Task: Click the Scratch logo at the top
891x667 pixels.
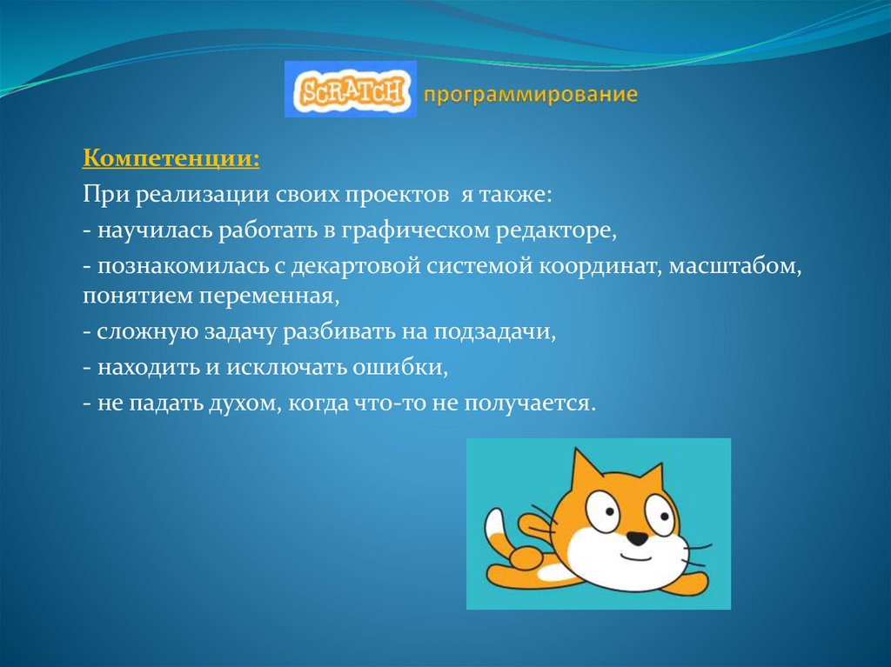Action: (x=350, y=90)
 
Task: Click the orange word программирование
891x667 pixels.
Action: (x=531, y=94)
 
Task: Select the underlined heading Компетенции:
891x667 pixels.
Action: (x=171, y=159)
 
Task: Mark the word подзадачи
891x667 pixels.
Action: (x=497, y=332)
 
